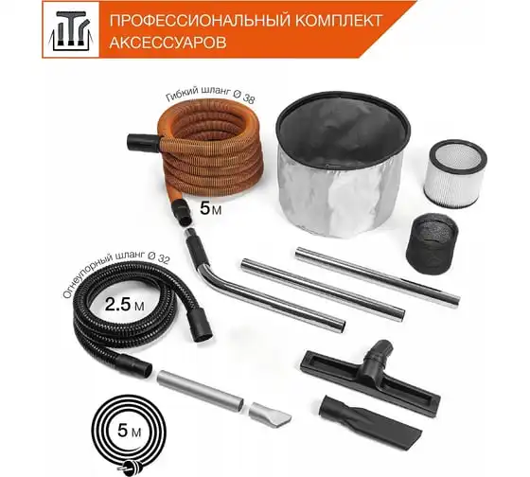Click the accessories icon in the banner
(x=71, y=29)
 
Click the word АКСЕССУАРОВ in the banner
(x=168, y=43)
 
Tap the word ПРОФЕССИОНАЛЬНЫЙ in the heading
(x=200, y=21)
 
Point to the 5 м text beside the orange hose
(x=210, y=207)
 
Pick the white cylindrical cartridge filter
(x=455, y=175)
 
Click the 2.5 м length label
(x=124, y=305)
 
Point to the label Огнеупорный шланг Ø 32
(x=115, y=275)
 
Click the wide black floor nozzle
(x=370, y=378)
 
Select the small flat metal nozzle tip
(x=270, y=414)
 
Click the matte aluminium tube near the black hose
(x=200, y=391)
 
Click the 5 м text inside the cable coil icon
(x=129, y=432)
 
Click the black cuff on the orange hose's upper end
(x=143, y=143)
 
